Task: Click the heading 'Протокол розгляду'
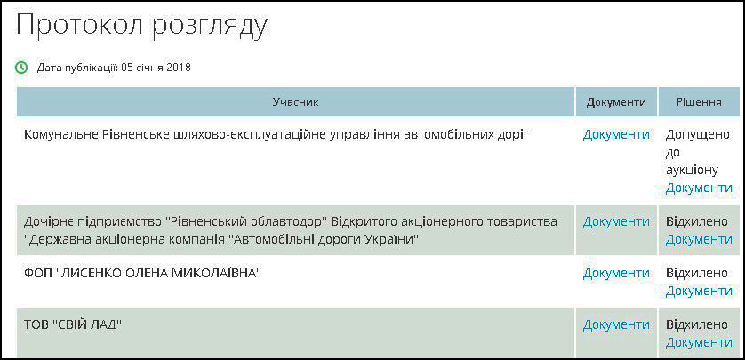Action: click(x=141, y=27)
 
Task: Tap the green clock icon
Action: click(x=22, y=68)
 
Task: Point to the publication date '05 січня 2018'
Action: click(x=156, y=68)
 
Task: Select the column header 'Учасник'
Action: click(x=295, y=102)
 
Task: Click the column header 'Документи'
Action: click(x=616, y=102)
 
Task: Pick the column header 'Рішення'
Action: click(x=700, y=102)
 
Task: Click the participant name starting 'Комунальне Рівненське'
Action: click(x=276, y=135)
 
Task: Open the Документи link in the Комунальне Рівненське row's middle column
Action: click(x=616, y=135)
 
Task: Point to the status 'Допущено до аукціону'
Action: click(x=698, y=153)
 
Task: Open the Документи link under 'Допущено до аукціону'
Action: click(x=699, y=188)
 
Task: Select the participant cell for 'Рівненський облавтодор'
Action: click(x=291, y=230)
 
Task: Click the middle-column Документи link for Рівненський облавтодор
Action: click(x=616, y=222)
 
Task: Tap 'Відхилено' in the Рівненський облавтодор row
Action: click(x=697, y=222)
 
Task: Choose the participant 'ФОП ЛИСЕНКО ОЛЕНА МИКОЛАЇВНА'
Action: click(x=143, y=274)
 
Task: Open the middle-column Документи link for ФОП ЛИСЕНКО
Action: click(x=616, y=274)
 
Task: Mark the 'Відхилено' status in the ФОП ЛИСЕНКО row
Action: click(x=697, y=274)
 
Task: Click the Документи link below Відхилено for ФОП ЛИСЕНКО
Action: click(x=699, y=291)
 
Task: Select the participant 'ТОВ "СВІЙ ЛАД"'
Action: click(x=73, y=325)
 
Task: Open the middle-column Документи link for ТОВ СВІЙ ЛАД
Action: click(x=616, y=325)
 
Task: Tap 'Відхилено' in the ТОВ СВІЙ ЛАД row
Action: click(x=697, y=325)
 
